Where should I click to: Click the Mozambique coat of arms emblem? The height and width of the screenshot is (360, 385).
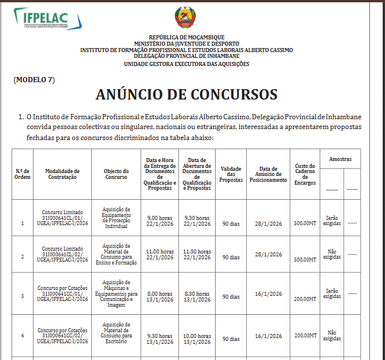point(186,18)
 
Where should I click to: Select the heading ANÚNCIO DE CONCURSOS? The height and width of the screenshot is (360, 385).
point(186,94)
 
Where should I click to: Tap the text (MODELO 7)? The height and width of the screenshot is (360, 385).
point(34,80)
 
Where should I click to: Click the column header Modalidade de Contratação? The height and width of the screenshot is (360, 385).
point(62,174)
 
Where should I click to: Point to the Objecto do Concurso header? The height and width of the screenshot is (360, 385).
point(116,174)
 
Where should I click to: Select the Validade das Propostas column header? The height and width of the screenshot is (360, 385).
point(231,174)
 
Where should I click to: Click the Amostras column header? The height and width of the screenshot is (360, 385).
point(340,159)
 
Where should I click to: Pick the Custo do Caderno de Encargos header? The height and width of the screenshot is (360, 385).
point(305,174)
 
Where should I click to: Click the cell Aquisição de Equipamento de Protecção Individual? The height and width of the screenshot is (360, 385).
point(116,218)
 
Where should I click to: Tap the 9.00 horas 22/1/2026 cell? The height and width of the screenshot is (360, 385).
point(160,221)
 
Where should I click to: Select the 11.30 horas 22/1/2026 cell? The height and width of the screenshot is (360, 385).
point(197,255)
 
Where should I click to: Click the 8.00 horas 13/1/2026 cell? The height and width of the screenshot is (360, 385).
point(160,297)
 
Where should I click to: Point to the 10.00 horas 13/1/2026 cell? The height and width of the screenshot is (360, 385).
point(197,339)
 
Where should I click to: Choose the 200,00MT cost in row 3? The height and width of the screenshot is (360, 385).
point(305,299)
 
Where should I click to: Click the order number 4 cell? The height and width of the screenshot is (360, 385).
point(23,336)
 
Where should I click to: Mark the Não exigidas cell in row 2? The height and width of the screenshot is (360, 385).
point(332,254)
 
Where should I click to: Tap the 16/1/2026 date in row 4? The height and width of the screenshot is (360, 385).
point(268,336)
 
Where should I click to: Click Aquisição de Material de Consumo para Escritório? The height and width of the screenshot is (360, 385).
point(116,333)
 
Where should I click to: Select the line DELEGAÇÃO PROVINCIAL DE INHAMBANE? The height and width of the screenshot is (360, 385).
point(186,56)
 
